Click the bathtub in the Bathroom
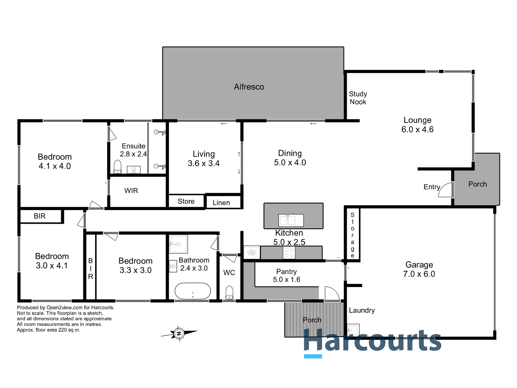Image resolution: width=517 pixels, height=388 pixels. (x=193, y=291)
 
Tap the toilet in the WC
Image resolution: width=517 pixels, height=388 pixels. (x=229, y=292)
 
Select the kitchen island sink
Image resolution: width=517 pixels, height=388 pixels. (x=291, y=220)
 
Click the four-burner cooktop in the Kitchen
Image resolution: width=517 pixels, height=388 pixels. (x=289, y=252)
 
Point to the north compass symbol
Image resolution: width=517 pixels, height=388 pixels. (x=179, y=333)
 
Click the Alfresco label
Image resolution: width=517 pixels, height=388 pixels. (x=249, y=87)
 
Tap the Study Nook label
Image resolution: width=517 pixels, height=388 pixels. (x=358, y=98)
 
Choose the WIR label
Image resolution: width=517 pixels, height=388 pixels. (x=131, y=191)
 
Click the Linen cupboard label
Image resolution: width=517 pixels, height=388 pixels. (x=221, y=203)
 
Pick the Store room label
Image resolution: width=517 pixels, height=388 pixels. (x=186, y=201)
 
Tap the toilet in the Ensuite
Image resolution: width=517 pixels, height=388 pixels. (x=117, y=167)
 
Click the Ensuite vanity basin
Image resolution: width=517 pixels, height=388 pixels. (x=134, y=169)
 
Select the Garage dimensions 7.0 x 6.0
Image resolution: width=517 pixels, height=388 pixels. (x=419, y=274)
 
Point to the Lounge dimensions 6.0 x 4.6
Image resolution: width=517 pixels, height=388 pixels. (x=417, y=129)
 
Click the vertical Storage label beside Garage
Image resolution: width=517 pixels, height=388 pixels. (x=352, y=235)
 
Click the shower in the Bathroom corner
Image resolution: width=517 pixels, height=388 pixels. (x=178, y=244)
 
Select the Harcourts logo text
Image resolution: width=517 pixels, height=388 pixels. (x=372, y=341)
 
